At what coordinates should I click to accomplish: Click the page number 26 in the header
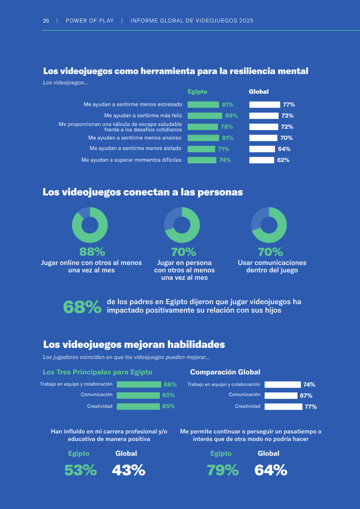(46, 21)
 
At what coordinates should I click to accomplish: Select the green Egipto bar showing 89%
(205, 116)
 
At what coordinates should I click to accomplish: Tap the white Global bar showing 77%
(265, 104)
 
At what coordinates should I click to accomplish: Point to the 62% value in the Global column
(283, 160)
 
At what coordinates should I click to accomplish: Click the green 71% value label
(224, 149)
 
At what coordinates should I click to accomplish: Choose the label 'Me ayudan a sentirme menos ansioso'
(135, 138)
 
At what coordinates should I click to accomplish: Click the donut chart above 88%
(90, 225)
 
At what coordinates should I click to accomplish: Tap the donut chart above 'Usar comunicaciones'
(269, 225)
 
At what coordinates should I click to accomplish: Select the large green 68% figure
(82, 307)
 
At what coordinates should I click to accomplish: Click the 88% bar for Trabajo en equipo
(139, 385)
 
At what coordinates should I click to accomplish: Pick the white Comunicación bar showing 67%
(281, 396)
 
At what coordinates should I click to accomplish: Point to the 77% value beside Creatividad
(310, 407)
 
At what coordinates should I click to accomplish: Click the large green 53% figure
(81, 470)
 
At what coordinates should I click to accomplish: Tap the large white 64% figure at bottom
(271, 470)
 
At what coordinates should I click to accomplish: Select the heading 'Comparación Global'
(225, 372)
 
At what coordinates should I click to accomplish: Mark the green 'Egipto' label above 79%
(221, 454)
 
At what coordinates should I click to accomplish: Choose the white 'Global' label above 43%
(126, 454)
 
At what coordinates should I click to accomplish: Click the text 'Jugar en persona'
(184, 263)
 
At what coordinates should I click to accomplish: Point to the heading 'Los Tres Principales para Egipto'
(97, 372)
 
